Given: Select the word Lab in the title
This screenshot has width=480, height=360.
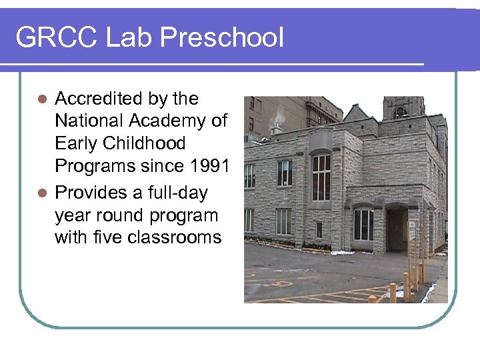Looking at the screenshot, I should point(123,37).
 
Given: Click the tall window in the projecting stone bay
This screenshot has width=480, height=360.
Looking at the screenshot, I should point(321,177).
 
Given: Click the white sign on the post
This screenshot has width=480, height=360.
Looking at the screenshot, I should point(411,230).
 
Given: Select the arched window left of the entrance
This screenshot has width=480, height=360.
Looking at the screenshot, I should point(363,224).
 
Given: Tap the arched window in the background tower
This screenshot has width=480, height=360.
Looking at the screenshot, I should point(401,113).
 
